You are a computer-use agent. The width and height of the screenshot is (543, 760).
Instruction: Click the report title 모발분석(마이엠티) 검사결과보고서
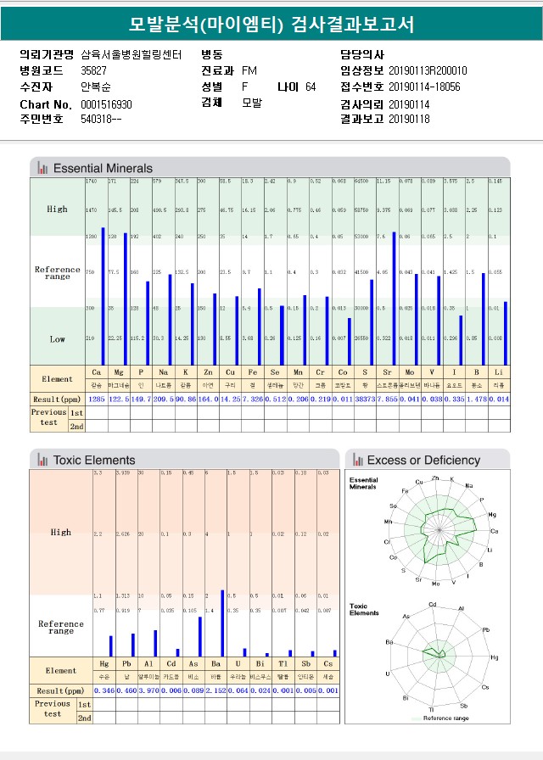click(x=271, y=24)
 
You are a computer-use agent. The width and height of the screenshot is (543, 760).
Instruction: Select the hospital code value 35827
click(x=94, y=70)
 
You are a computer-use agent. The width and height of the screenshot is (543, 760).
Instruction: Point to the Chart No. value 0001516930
click(x=107, y=103)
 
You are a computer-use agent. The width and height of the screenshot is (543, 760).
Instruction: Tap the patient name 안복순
click(x=96, y=87)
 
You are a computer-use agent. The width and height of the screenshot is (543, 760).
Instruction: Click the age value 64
click(x=311, y=87)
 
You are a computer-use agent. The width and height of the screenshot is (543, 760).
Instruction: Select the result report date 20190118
click(x=410, y=119)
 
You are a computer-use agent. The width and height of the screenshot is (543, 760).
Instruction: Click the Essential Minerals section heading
click(x=103, y=168)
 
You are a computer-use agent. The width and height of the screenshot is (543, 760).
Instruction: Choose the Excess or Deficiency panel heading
click(x=423, y=460)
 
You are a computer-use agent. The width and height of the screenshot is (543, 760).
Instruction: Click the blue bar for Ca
click(x=104, y=296)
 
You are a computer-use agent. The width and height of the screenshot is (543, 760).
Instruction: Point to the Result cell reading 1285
click(x=97, y=398)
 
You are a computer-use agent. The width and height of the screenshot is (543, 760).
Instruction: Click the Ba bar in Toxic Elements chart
click(x=222, y=623)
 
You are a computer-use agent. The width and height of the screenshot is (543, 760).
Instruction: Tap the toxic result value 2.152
click(x=217, y=691)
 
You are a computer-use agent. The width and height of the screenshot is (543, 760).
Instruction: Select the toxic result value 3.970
click(x=149, y=691)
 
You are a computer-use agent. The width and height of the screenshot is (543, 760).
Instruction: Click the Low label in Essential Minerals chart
click(x=57, y=339)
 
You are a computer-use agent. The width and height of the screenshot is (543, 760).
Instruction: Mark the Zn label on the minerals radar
click(x=435, y=478)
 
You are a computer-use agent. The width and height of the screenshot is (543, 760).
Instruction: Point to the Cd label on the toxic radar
click(x=434, y=605)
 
